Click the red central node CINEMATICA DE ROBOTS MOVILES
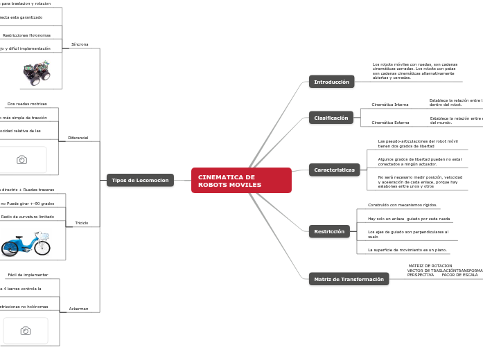tap(240, 181)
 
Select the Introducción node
tap(331, 82)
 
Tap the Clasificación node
tap(331, 118)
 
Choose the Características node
tap(334, 170)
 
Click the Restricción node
tap(329, 232)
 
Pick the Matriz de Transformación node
tap(349, 279)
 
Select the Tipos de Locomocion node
tap(140, 180)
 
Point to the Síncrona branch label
tap(80, 44)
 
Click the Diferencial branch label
tap(78, 138)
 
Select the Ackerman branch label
tap(78, 308)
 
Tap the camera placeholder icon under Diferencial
tap(22, 160)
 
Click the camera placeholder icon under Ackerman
tap(26, 331)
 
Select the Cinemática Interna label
tap(389, 105)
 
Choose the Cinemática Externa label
tap(390, 123)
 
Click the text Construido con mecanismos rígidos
tap(403, 205)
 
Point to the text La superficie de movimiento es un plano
tap(407, 249)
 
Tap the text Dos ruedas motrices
tap(27, 104)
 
